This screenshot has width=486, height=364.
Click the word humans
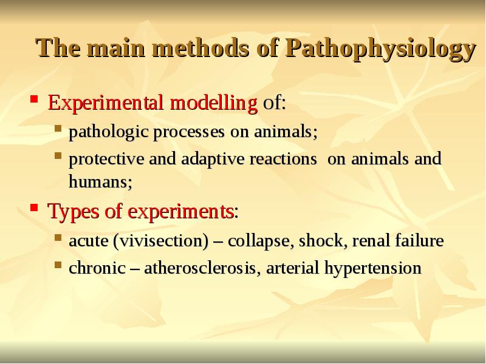pyautogui.click(x=97, y=181)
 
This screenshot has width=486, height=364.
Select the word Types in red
pyautogui.click(x=69, y=212)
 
